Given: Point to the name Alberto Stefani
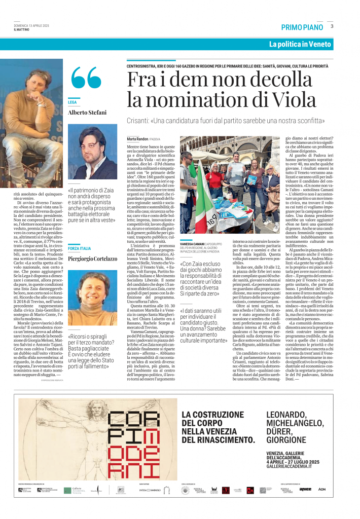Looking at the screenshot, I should pyautogui.click(x=87, y=113).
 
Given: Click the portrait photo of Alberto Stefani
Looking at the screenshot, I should pyautogui.click(x=92, y=152).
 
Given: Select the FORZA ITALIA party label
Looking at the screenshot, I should pyautogui.click(x=79, y=249).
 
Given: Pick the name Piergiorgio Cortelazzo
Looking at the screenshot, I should pyautogui.click(x=92, y=259).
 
